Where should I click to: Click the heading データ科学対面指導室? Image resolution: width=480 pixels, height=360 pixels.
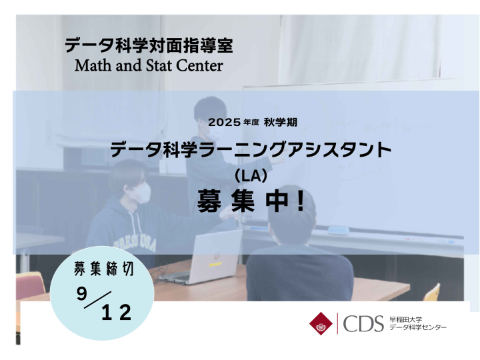[x=149, y=45]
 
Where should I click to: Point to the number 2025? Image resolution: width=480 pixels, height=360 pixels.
[x=225, y=123]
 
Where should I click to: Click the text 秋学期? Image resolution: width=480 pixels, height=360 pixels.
[x=281, y=123]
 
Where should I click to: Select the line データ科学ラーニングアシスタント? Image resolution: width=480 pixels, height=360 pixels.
[x=251, y=150]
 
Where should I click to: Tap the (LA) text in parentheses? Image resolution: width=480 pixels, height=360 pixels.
[x=251, y=176]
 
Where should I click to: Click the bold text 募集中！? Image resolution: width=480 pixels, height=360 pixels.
[x=251, y=201]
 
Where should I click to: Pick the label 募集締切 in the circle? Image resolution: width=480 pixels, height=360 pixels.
[x=103, y=269]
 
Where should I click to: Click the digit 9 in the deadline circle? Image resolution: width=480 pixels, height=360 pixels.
[x=82, y=294]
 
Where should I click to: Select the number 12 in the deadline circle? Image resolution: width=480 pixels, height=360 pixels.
[x=116, y=313]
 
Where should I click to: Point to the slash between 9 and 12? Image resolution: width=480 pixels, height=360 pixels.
[x=97, y=300]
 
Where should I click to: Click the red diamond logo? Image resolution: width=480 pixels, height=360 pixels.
[x=321, y=323]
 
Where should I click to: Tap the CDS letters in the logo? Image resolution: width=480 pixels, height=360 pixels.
[x=363, y=324]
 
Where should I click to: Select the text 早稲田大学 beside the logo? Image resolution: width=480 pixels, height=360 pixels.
[x=405, y=319]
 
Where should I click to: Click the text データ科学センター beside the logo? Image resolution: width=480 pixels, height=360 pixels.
[x=418, y=327]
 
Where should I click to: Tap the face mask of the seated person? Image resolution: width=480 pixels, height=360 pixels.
[x=142, y=193]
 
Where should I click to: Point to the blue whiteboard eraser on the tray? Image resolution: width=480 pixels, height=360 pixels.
[x=338, y=230]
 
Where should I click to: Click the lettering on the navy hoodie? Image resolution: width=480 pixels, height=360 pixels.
[x=135, y=244]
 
